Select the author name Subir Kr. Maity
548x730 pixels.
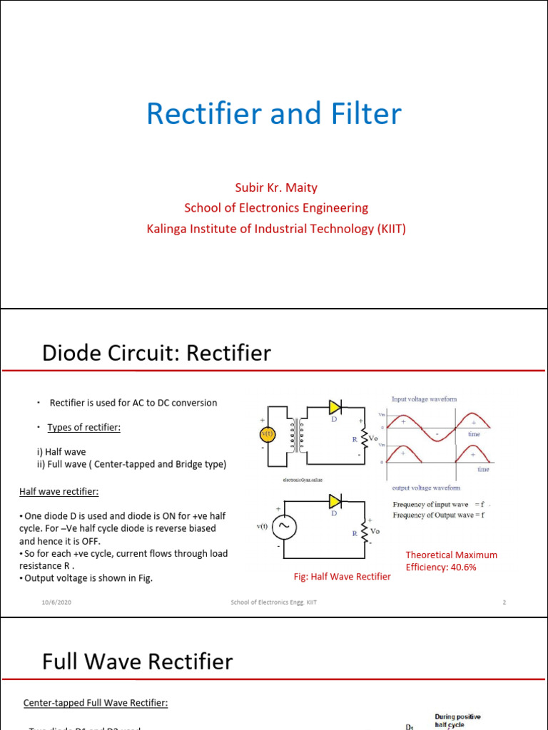point(276,187)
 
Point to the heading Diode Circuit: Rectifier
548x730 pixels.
point(156,353)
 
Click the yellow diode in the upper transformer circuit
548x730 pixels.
point(335,407)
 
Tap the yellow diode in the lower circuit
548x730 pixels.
point(335,502)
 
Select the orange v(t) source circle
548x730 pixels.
point(268,433)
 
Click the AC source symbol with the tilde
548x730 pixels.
point(284,527)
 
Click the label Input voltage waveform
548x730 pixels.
point(424,399)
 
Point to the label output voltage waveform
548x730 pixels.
point(426,488)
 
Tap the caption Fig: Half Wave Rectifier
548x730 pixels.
point(342,576)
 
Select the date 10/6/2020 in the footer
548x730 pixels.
point(56,602)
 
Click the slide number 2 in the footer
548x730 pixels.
point(504,602)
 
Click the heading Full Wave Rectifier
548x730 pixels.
point(137,662)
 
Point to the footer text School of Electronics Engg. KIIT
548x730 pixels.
point(273,602)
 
